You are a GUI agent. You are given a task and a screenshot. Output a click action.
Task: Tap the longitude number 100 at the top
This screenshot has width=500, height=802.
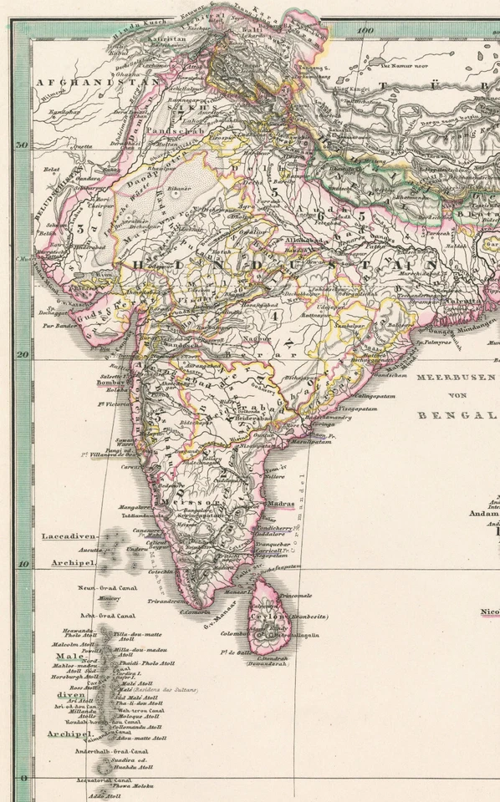coord(364,31)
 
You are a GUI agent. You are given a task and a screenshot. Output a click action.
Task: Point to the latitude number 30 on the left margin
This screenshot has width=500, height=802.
coord(23,144)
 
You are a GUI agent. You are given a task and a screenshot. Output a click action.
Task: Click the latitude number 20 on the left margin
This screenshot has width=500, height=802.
coord(23,354)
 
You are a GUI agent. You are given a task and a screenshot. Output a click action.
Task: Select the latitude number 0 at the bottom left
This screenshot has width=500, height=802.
coord(23,778)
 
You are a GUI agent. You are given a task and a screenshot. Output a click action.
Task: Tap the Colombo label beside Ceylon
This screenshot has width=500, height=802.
coord(235,633)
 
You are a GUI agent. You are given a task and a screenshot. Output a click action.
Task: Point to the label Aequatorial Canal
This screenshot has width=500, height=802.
coord(105,779)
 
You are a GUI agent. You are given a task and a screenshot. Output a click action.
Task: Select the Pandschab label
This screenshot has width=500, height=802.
coord(170,132)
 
